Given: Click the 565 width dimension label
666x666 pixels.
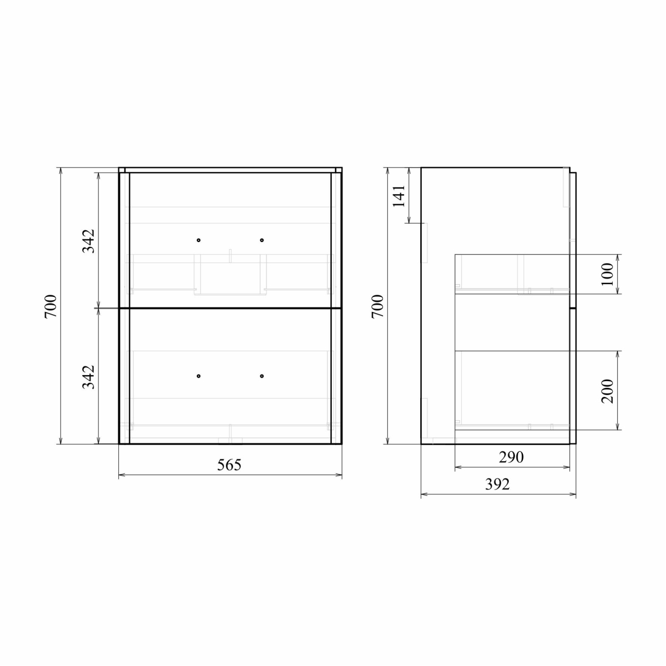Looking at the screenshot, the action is click(x=229, y=465).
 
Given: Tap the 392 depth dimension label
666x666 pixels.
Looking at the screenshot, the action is click(x=497, y=484).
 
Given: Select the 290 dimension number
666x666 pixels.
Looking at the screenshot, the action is click(x=511, y=457).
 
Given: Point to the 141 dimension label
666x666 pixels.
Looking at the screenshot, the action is click(x=399, y=196).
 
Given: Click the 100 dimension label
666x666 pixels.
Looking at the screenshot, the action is click(x=607, y=274).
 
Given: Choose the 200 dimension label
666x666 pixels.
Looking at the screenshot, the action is click(x=607, y=391).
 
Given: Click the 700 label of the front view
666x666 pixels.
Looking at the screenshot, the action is click(x=51, y=306).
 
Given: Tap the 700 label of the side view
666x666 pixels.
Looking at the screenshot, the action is click(x=378, y=306).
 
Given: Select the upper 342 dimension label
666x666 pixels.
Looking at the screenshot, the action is click(x=88, y=241).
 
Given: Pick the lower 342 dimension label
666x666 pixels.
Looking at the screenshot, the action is click(x=88, y=377).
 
